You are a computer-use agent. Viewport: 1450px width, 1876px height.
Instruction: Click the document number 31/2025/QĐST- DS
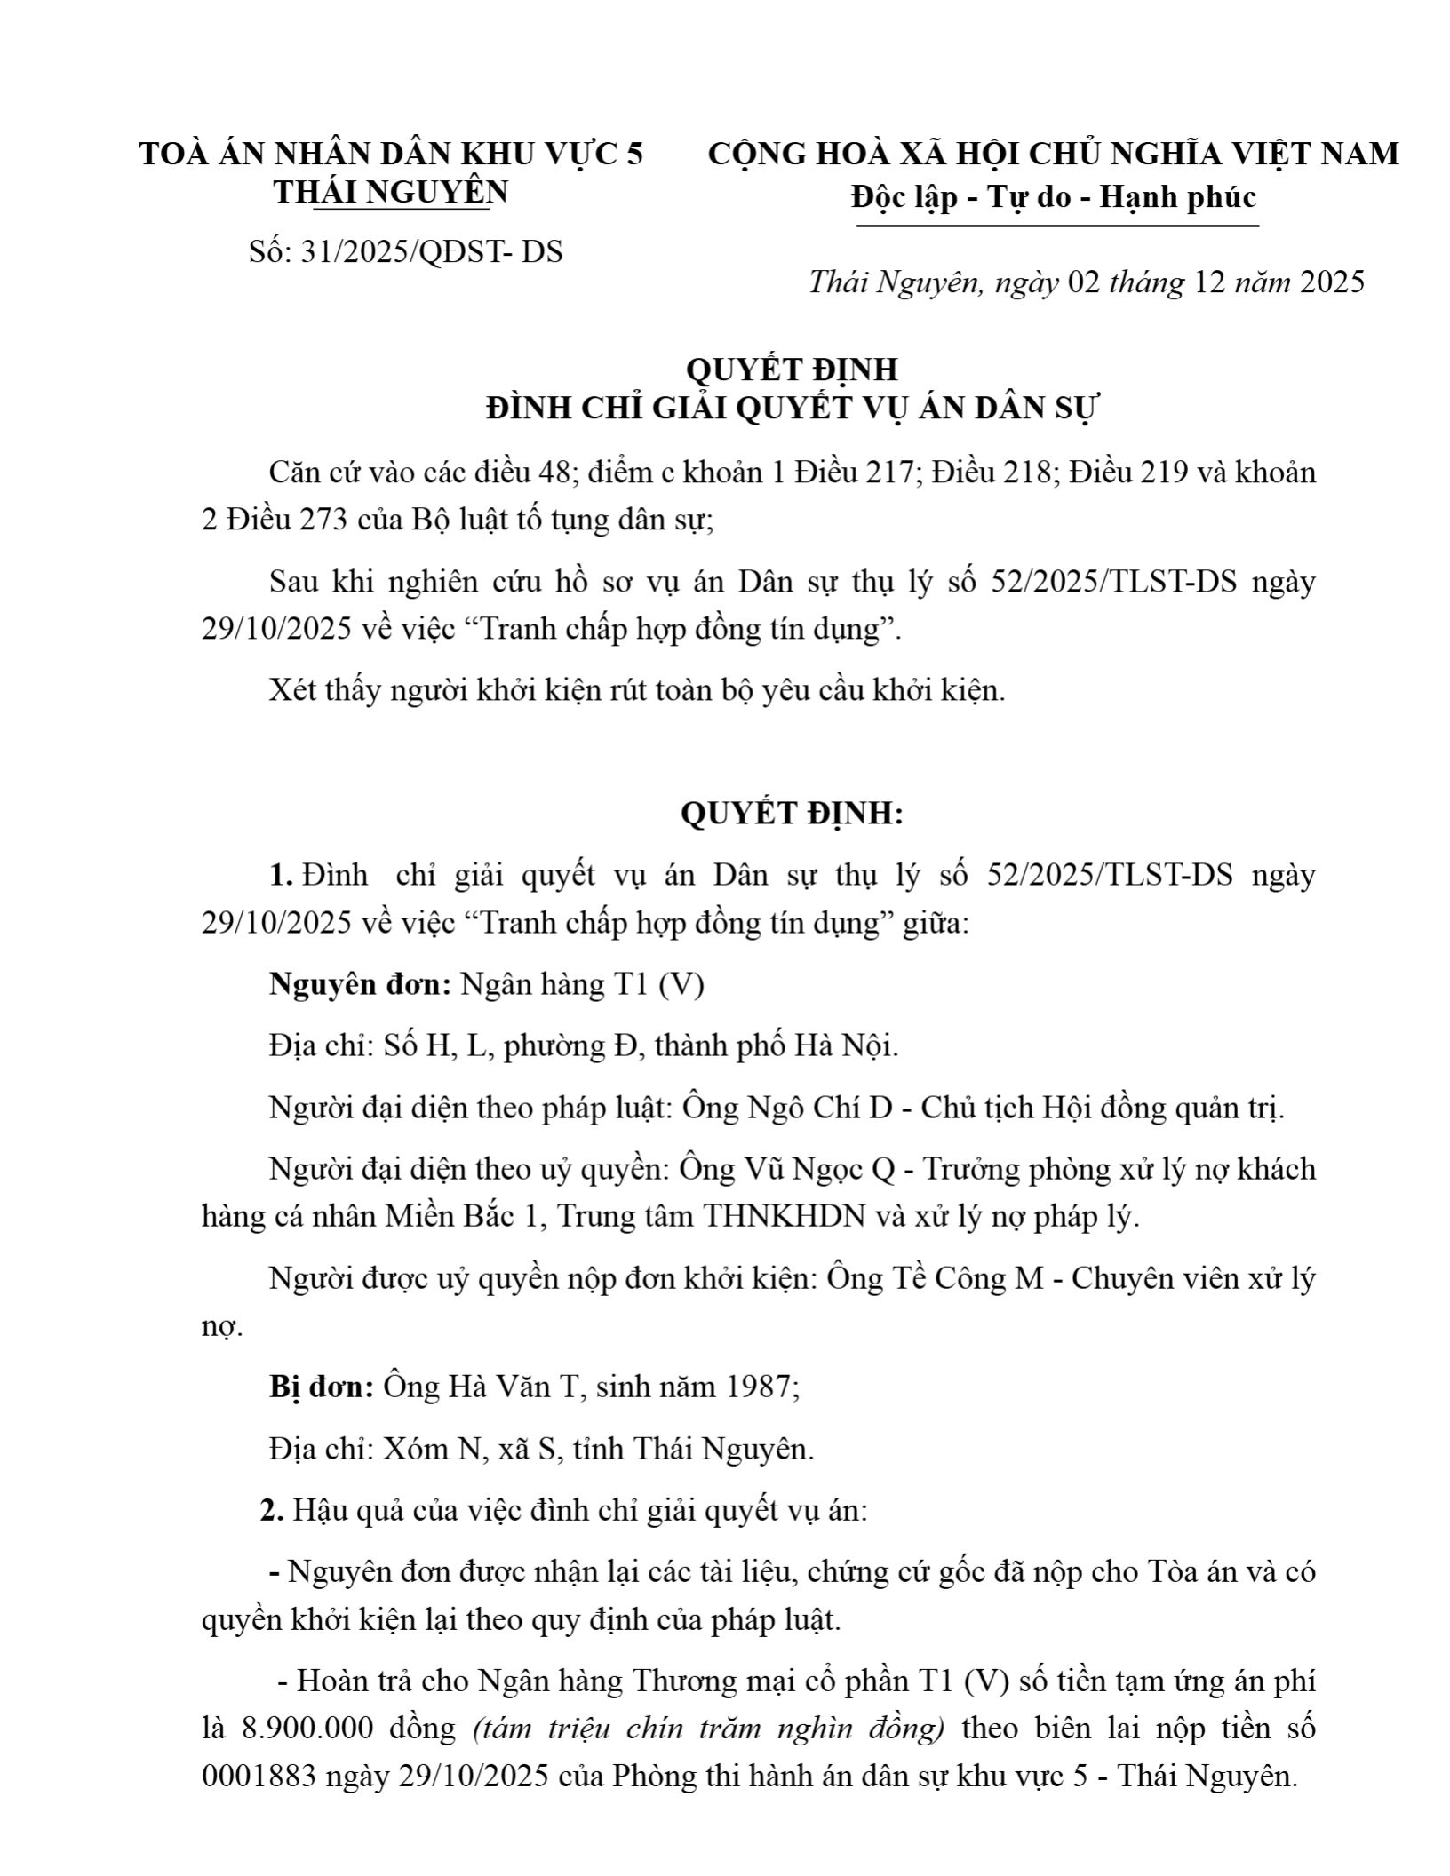click(x=432, y=252)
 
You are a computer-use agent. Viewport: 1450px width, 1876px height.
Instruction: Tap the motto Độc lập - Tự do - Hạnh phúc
click(x=1054, y=196)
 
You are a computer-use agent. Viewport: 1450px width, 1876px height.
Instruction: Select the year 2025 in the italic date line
click(x=1331, y=282)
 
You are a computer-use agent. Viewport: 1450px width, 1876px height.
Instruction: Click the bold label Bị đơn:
click(x=322, y=1387)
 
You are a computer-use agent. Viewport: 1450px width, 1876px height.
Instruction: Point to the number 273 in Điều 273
click(x=322, y=520)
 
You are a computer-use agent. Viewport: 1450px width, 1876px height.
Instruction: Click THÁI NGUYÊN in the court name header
click(x=391, y=192)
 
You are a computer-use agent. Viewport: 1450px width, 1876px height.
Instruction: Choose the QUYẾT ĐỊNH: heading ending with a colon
click(x=792, y=814)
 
